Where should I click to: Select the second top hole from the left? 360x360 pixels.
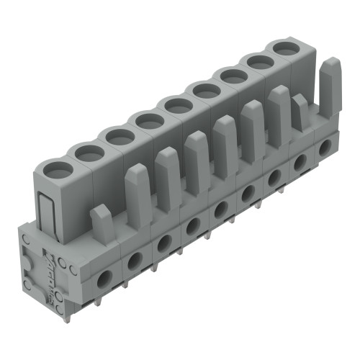click(89, 152)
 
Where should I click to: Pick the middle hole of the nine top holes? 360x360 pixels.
click(175, 107)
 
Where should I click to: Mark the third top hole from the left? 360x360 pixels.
click(116, 135)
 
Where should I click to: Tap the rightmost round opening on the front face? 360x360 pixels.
click(326, 145)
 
